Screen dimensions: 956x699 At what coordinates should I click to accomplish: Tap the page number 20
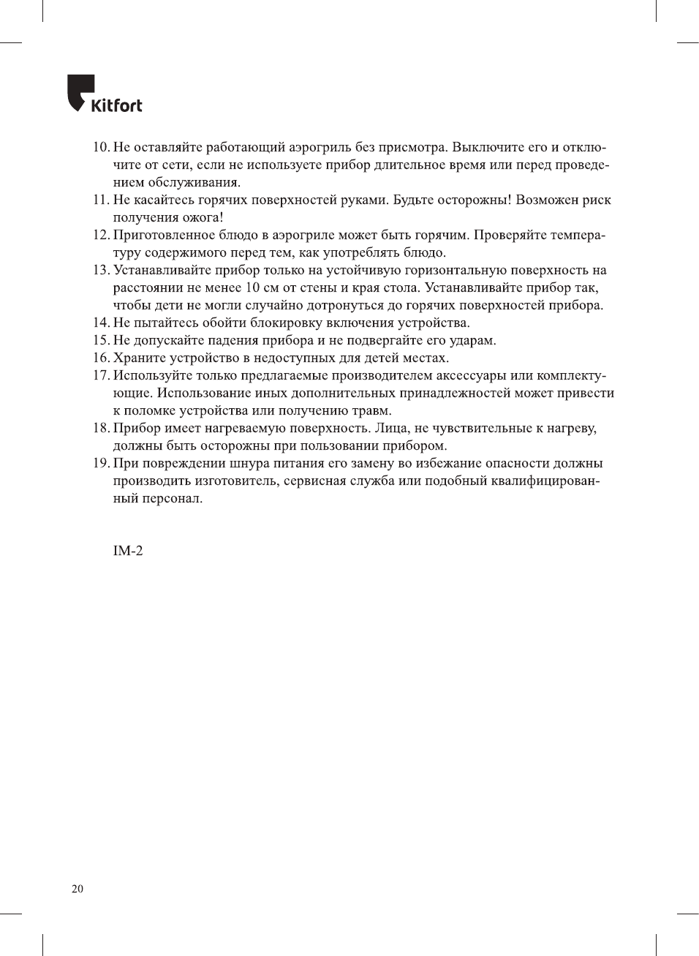point(78,889)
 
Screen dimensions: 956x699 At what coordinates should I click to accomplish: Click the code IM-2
point(128,551)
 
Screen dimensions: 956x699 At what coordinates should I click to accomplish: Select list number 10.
point(101,147)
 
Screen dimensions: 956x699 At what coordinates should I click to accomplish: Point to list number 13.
point(101,270)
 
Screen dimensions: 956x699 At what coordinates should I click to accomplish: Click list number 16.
point(101,358)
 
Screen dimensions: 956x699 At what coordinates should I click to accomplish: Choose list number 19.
point(101,463)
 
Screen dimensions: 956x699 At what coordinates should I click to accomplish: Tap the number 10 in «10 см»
point(252,287)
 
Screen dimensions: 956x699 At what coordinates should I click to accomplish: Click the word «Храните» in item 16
point(139,358)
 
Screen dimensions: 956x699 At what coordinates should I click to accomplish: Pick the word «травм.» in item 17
point(369,410)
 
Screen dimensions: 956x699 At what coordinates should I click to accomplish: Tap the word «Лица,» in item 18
point(393,428)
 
